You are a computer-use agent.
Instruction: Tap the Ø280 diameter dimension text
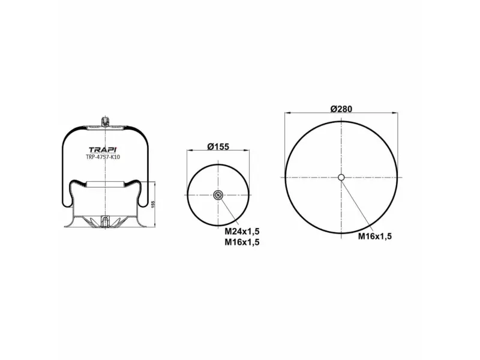[341, 109]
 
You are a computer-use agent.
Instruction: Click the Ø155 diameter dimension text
[218, 147]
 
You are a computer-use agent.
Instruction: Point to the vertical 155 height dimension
[154, 205]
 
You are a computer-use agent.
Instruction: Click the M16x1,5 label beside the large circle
[375, 236]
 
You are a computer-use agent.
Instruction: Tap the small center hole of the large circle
[341, 177]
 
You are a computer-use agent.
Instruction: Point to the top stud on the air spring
[105, 120]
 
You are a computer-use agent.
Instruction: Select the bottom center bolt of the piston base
[105, 222]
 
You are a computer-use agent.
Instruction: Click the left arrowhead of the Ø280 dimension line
[287, 113]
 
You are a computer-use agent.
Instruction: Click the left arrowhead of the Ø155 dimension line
[189, 151]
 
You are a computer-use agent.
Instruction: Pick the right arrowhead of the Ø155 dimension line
[247, 151]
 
